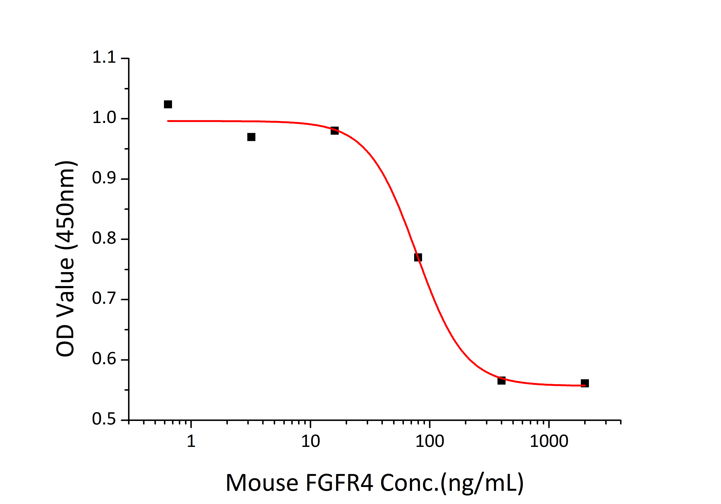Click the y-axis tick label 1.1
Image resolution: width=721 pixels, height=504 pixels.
coord(104,57)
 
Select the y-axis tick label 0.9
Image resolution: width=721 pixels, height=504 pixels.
coord(104,178)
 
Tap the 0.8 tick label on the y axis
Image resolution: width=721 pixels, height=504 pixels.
coord(104,238)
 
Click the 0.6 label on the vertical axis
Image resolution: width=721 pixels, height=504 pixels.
coord(104,359)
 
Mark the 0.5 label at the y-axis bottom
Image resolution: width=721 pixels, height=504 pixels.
coord(104,419)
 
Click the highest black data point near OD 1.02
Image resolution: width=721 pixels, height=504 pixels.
coord(168,104)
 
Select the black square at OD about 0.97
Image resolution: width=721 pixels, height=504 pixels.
coord(251,137)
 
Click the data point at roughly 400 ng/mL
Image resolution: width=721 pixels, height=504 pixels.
coord(502,381)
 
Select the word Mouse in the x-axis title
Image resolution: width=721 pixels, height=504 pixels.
coord(262,483)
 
